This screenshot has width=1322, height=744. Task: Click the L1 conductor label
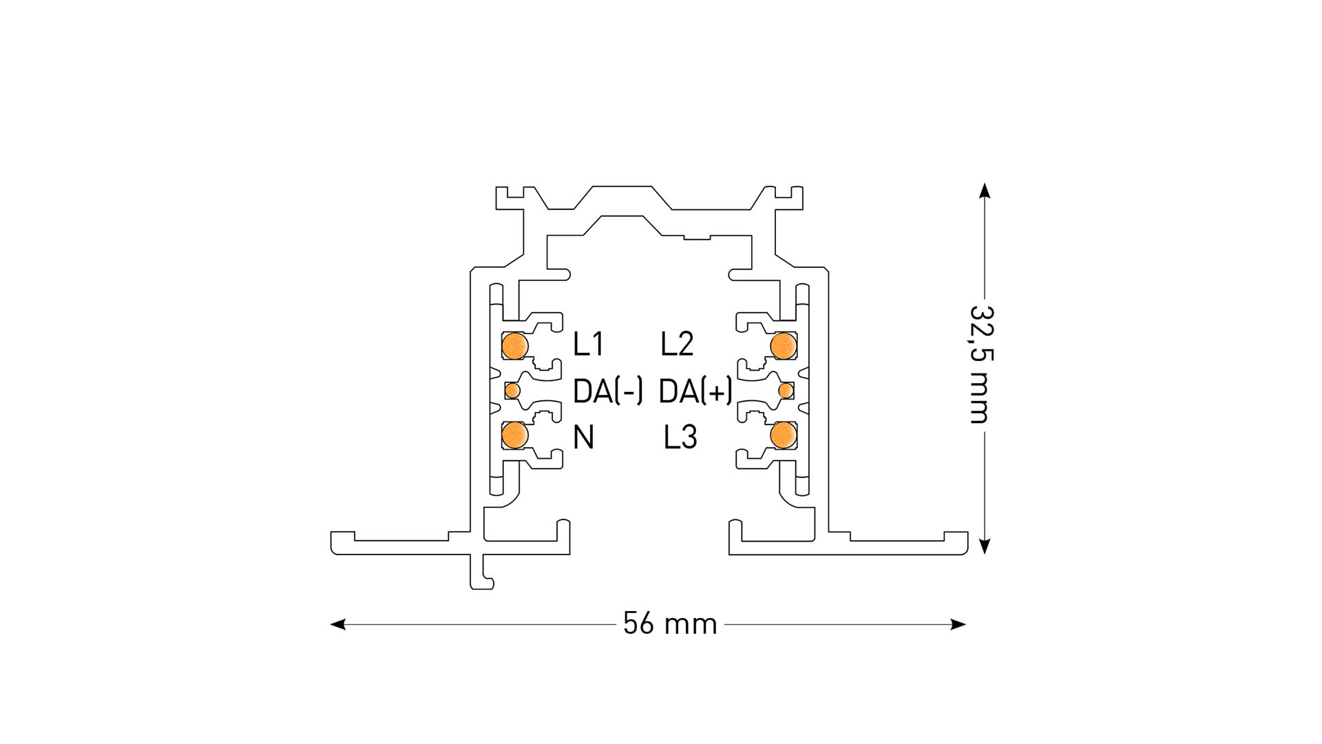[588, 344]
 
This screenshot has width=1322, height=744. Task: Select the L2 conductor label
[677, 344]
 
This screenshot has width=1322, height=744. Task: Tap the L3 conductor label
[680, 437]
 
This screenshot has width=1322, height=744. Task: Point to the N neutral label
[583, 437]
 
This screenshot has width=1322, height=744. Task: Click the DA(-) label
[608, 391]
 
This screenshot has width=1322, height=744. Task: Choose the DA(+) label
[695, 391]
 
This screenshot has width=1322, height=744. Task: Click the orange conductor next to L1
[514, 346]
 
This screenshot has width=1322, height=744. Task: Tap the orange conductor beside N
[514, 434]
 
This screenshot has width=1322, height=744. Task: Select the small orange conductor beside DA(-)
[512, 391]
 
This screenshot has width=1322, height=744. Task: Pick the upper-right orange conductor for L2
[783, 346]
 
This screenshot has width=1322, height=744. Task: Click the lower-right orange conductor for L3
[783, 434]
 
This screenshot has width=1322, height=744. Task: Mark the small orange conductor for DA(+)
[786, 391]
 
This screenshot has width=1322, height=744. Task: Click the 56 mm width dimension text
[670, 624]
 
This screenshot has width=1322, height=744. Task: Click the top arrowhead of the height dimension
[985, 190]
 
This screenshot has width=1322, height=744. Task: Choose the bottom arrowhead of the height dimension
[985, 547]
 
